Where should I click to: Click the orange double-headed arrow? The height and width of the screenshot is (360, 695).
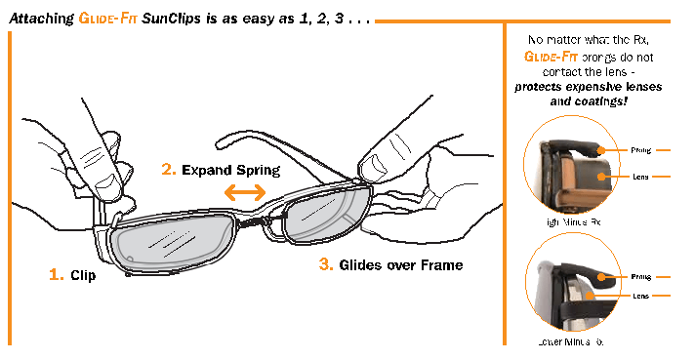[x=244, y=193]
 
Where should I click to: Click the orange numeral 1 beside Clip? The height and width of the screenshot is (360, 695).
[x=56, y=275]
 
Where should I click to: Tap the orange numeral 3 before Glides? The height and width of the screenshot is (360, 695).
[x=325, y=263]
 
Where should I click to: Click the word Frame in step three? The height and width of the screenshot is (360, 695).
[x=440, y=264]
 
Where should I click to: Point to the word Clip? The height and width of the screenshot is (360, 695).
[x=83, y=276]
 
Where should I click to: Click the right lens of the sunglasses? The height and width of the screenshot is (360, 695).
[x=323, y=218]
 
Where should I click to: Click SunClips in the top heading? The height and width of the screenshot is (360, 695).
[x=171, y=19]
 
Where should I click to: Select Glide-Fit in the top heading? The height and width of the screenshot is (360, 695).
[x=107, y=19]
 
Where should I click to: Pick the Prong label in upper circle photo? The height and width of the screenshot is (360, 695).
[x=640, y=151]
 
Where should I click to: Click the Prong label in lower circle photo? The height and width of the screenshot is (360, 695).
[x=640, y=277]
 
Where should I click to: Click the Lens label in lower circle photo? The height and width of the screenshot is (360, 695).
[x=640, y=295]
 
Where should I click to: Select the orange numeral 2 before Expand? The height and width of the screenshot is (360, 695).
[x=169, y=170]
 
